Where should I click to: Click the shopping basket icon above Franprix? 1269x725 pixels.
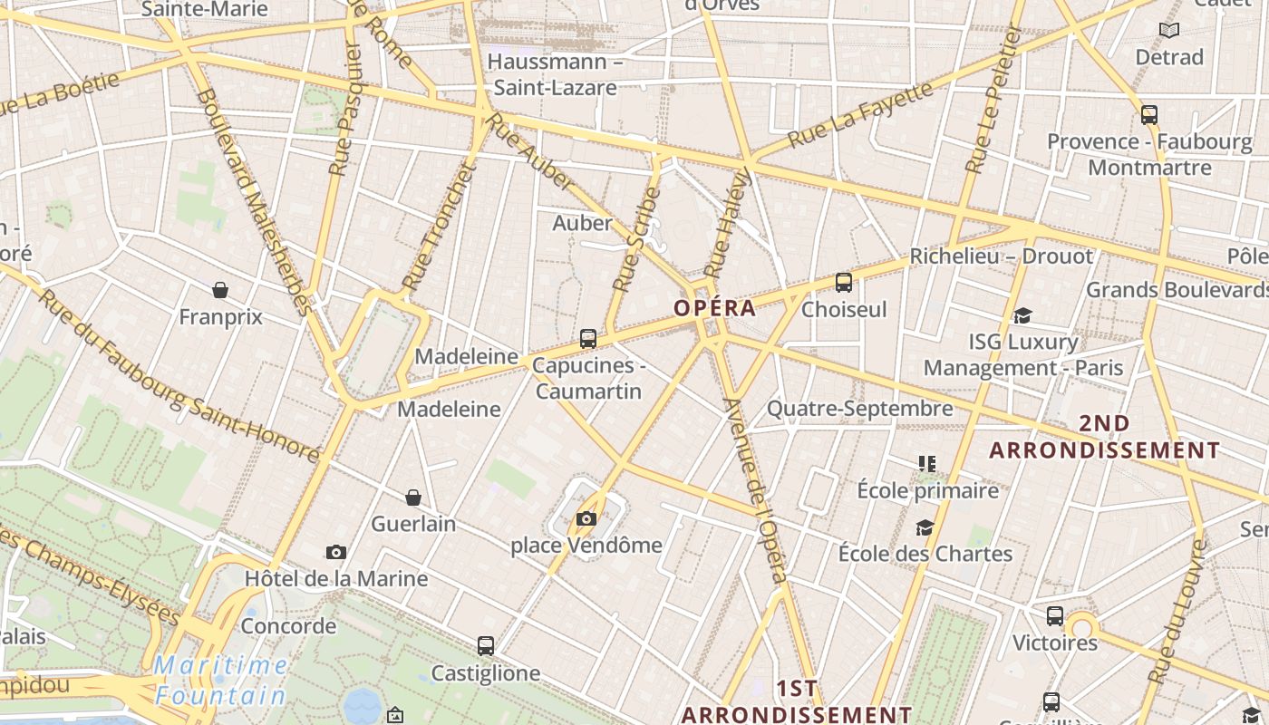point(219,290)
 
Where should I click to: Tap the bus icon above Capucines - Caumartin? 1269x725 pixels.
point(588,339)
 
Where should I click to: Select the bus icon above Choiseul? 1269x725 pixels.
point(844,282)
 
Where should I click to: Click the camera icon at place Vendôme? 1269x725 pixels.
point(586,519)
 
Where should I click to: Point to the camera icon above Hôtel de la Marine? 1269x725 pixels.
point(336,552)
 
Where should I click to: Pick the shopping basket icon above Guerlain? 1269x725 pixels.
point(413,498)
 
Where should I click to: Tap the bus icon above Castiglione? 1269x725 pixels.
point(486,646)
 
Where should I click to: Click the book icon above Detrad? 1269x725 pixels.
point(1169,31)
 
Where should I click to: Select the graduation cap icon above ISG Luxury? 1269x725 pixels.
point(1023,315)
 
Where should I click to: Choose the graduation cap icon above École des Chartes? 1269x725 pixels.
point(925,527)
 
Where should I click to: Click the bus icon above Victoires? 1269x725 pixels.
point(1055,616)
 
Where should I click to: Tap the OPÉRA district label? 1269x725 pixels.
point(714,308)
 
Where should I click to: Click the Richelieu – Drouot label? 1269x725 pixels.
point(1002,256)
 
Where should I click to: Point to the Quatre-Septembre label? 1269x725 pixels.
point(859,409)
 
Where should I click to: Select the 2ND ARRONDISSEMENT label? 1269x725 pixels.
point(1104,437)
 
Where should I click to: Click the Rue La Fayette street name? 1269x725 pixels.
point(860,114)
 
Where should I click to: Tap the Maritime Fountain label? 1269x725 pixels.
point(220,681)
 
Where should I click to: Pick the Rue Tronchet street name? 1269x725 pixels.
point(439,226)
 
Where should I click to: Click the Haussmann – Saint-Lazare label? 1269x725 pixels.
point(555,74)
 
